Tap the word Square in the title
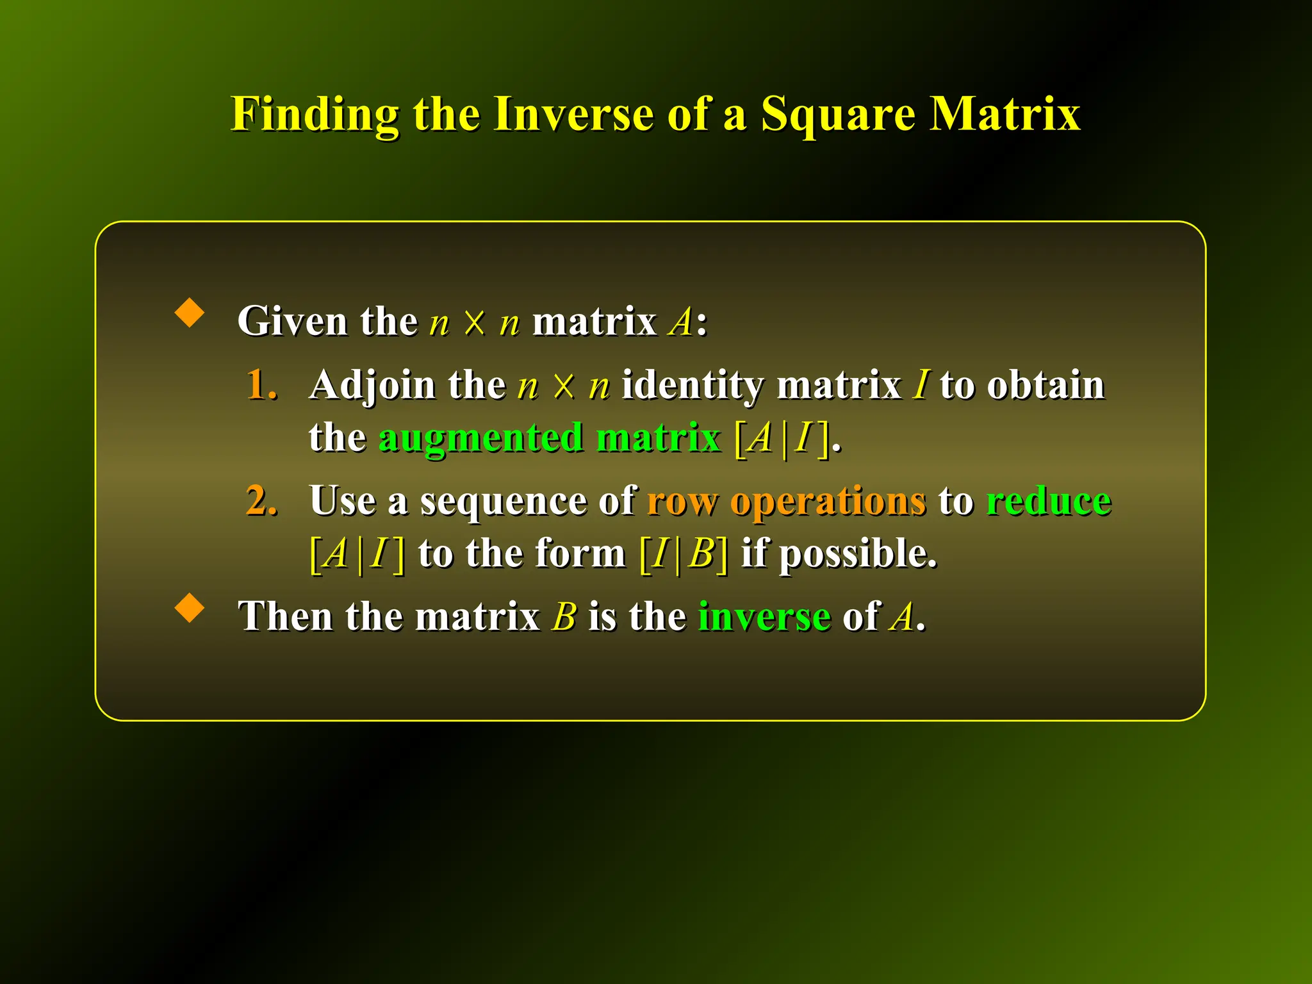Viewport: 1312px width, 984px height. point(838,115)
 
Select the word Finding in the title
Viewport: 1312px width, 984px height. point(315,115)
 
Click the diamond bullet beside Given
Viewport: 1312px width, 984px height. point(190,313)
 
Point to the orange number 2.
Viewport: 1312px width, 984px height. point(261,500)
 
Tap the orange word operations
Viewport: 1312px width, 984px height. point(828,502)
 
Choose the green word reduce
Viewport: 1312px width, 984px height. point(1048,500)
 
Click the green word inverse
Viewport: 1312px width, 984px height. point(764,617)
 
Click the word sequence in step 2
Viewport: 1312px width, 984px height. point(503,502)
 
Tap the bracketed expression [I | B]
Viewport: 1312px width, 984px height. point(684,553)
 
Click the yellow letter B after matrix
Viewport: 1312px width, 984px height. point(564,617)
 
